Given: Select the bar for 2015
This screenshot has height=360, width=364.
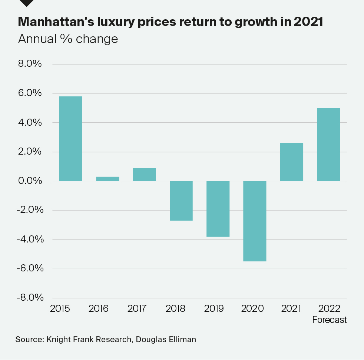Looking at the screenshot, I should pos(70,139).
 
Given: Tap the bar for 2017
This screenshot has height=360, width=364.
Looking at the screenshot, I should pos(144,175).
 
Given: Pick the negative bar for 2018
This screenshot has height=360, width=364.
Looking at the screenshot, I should pos(181,201).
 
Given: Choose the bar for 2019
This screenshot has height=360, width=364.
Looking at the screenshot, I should pos(218,209).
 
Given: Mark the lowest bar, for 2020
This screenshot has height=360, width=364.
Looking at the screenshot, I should pos(255,221).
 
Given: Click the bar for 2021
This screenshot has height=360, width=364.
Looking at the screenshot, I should pos(291,162).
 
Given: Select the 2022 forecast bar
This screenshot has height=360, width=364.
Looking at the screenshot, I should pos(328,144).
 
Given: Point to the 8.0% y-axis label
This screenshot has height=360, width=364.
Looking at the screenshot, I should pos(30,64).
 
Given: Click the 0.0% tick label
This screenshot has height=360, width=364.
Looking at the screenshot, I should pos(30,181).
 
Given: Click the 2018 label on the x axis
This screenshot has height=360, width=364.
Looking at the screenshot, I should pos(176,308).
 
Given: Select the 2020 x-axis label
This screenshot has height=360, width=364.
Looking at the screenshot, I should pos(252,308).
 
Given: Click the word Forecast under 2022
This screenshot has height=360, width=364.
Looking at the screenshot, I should pos(330,320).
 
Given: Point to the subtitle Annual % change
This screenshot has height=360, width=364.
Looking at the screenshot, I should pos(68,39).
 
